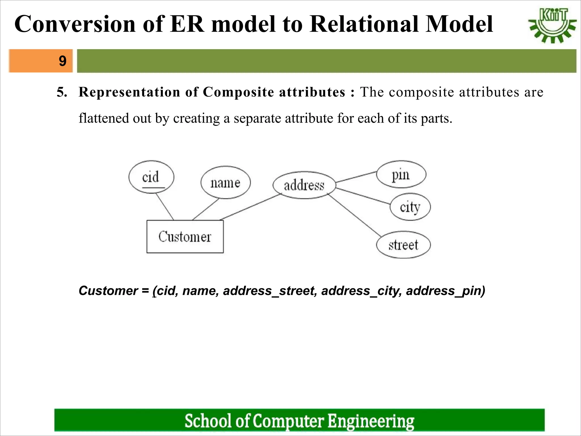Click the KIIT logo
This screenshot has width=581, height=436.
point(552,26)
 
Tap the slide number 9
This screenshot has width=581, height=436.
point(62,61)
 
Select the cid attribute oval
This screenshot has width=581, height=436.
point(151,177)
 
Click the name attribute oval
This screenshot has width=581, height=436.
point(226,183)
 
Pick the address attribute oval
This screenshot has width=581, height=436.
point(304,185)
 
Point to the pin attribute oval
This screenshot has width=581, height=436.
point(401,174)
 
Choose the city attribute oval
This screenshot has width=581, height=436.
point(410,207)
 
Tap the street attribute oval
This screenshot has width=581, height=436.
point(403,245)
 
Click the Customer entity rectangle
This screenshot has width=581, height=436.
point(185,237)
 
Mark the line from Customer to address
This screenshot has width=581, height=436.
point(251,207)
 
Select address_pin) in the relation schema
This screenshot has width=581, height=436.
point(445,291)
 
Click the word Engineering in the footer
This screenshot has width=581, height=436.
point(371,421)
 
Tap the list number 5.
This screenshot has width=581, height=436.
point(62,92)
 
